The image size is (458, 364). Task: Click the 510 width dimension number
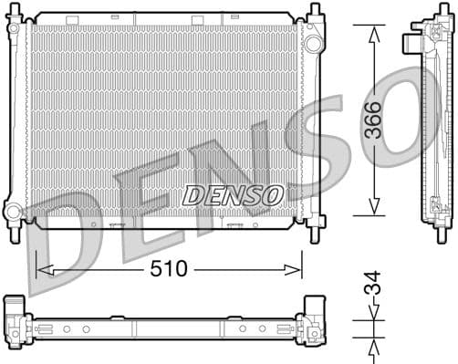168,269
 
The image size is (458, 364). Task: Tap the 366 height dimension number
373,120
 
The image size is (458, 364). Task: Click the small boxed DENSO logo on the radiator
233,194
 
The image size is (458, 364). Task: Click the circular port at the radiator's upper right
313,44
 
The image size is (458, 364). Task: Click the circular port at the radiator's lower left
13,212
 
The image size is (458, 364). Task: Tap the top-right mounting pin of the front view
315,12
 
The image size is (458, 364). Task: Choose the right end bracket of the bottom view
312,324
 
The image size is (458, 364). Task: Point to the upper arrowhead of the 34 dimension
373,316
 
